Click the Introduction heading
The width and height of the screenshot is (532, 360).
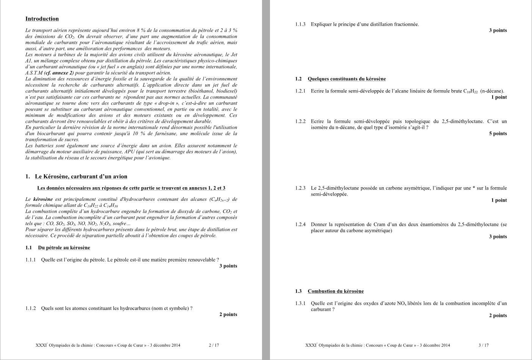pyautogui.click(x=42, y=19)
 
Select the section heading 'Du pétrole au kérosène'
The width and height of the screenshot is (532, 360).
pyautogui.click(x=64, y=248)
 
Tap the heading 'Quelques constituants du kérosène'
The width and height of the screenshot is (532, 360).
pyautogui.click(x=347, y=79)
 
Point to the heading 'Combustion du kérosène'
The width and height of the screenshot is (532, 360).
pyautogui.click(x=336, y=291)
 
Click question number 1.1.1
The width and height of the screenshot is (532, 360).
pyautogui.click(x=31, y=260)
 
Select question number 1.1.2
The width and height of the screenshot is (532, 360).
pyautogui.click(x=31, y=308)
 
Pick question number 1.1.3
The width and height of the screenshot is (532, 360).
pyautogui.click(x=300, y=25)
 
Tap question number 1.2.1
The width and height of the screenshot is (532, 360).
pyautogui.click(x=300, y=91)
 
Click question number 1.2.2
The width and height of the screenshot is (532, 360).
pyautogui.click(x=300, y=122)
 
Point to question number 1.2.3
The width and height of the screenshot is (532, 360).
pyautogui.click(x=300, y=188)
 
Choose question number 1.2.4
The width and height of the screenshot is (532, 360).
pyautogui.click(x=300, y=225)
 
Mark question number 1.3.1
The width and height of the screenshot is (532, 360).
pyautogui.click(x=300, y=304)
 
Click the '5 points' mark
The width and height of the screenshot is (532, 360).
pyautogui.click(x=497, y=134)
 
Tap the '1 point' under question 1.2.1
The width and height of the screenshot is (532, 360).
pyautogui.click(x=499, y=97)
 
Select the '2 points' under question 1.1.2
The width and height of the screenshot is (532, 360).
pyautogui.click(x=228, y=315)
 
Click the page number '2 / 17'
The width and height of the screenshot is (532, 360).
pyautogui.click(x=214, y=345)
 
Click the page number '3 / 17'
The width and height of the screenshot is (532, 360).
pyautogui.click(x=483, y=345)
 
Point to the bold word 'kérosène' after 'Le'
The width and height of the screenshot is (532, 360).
pyautogui.click(x=43, y=199)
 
